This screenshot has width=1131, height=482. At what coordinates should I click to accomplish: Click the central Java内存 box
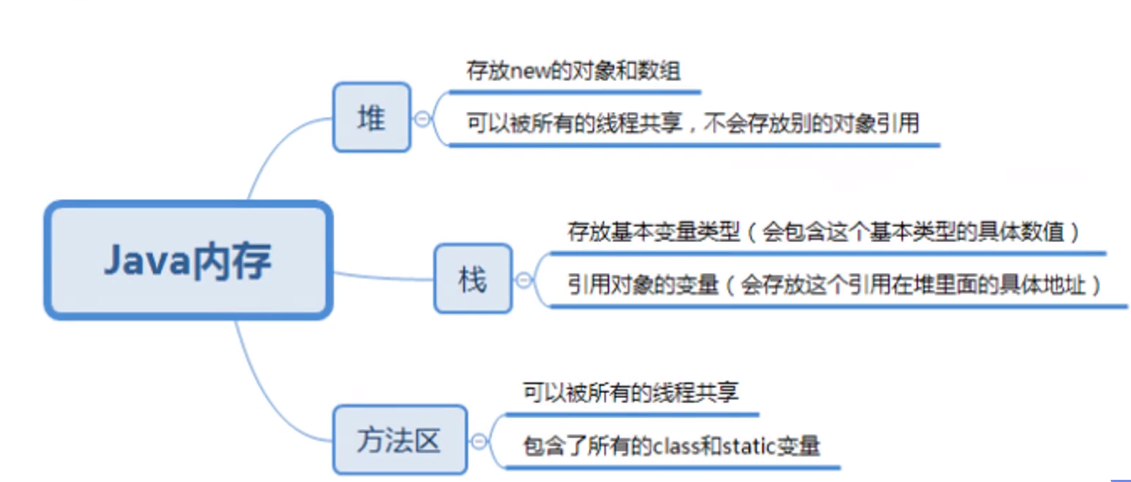[x=188, y=260]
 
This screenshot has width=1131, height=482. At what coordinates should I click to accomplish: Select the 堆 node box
[x=371, y=117]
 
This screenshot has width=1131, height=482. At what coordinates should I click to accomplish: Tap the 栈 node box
[x=473, y=279]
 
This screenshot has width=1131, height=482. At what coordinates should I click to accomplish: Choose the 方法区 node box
[x=399, y=440]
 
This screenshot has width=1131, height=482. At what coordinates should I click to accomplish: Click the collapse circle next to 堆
[x=423, y=119]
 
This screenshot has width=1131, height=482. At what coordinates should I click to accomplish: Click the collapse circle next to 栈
[x=524, y=280]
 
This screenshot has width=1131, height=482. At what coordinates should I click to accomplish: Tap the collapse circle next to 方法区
[x=479, y=441]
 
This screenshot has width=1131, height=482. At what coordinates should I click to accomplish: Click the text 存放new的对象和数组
[x=573, y=70]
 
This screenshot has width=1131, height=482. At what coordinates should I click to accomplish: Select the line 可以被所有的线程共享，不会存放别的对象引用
[x=692, y=124]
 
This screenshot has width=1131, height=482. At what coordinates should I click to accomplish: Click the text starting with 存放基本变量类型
[x=823, y=231]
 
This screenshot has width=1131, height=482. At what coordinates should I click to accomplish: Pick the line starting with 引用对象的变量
[x=833, y=285]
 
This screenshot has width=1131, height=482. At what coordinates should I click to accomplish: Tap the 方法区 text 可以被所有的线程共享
[x=630, y=392]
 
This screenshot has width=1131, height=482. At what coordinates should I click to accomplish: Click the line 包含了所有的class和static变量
[x=671, y=446]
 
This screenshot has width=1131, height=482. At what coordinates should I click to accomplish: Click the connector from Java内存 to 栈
[x=384, y=277]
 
